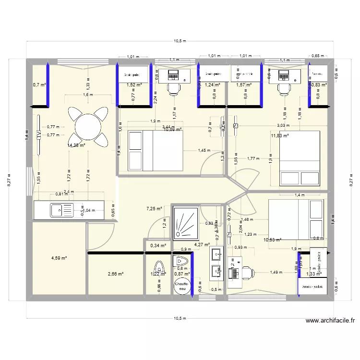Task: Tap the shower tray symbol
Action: [x=185, y=222]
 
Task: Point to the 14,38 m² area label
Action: [x=76, y=145]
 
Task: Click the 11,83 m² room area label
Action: [x=280, y=136]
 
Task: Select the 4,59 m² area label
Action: [x=59, y=258]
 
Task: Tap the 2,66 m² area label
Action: [x=116, y=274]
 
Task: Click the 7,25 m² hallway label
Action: [x=154, y=209]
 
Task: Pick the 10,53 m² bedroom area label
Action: [x=272, y=240]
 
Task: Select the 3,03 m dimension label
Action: [x=283, y=126]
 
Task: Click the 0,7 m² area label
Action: [x=39, y=85]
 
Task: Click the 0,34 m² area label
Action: [x=158, y=245]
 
